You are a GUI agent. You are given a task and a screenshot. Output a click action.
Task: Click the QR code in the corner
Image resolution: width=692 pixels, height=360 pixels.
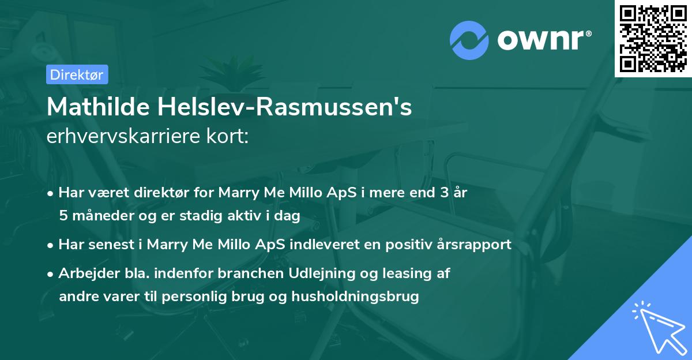point(653,38)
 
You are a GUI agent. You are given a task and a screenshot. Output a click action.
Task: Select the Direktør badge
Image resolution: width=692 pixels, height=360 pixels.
point(77,74)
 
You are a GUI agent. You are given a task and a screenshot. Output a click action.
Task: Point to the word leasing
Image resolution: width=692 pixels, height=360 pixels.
point(402,273)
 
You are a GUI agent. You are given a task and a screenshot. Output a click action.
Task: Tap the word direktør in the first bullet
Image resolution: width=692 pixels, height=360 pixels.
point(151,193)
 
